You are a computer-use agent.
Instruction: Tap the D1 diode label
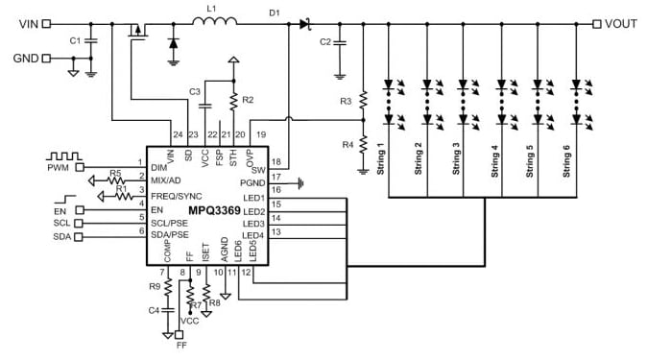tap(275, 12)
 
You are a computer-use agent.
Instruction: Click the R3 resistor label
tap(347, 100)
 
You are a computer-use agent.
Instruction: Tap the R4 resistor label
tap(347, 144)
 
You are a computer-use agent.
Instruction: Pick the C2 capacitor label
tap(324, 42)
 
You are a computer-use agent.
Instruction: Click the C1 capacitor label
tap(75, 40)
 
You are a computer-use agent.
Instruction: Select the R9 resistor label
tap(156, 286)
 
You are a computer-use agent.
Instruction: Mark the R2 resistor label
tap(248, 99)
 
